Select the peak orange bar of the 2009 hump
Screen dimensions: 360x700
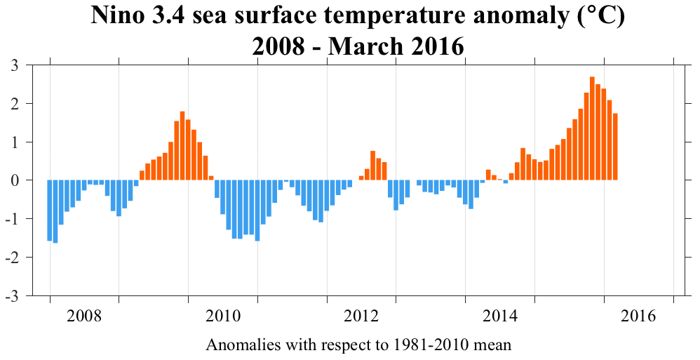point(182,146)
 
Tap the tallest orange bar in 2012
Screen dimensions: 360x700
point(373,166)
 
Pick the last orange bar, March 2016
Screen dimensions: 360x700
point(615,147)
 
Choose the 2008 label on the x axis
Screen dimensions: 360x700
point(84,316)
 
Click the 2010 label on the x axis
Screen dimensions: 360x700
point(223,316)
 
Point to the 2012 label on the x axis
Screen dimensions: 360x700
point(361,316)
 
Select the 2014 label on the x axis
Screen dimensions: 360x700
point(500,316)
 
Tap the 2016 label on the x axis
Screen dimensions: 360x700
point(638,316)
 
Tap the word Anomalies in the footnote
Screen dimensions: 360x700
point(237,345)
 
